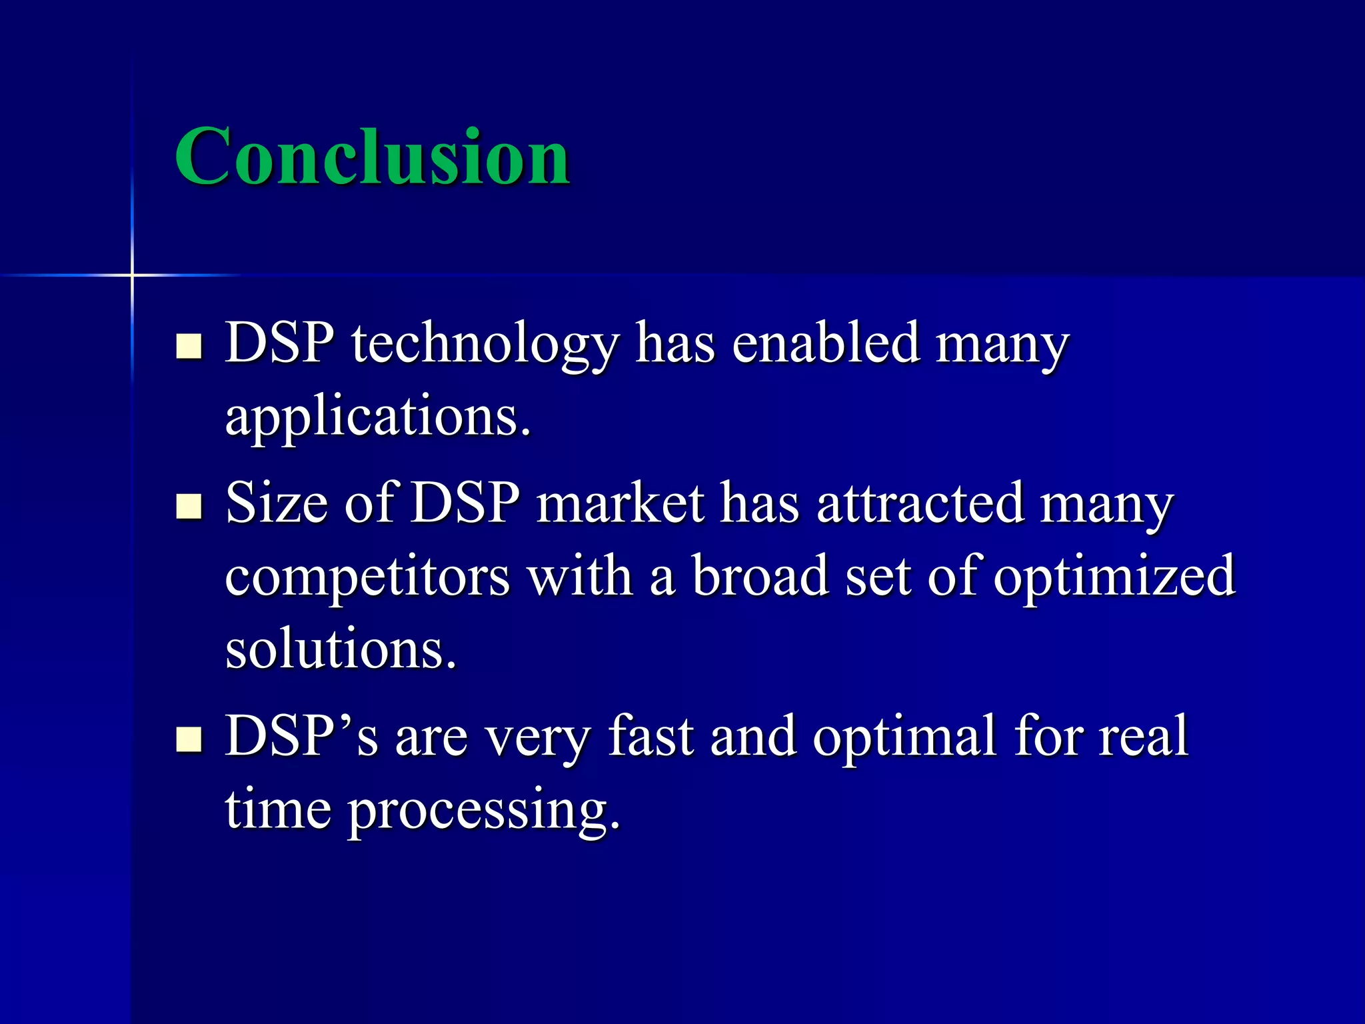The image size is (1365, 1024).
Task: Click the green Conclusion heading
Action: (x=372, y=157)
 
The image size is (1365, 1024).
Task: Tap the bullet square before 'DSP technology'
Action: (x=189, y=346)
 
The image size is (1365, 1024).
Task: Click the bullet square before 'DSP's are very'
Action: (x=189, y=739)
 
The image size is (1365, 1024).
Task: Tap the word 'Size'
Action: (x=277, y=503)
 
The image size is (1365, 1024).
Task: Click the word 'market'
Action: (x=620, y=503)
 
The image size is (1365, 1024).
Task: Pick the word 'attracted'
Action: (x=920, y=503)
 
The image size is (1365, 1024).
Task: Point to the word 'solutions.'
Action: (x=341, y=649)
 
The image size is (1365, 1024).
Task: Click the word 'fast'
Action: (x=651, y=736)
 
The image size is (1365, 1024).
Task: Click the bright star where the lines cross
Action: (x=132, y=275)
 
